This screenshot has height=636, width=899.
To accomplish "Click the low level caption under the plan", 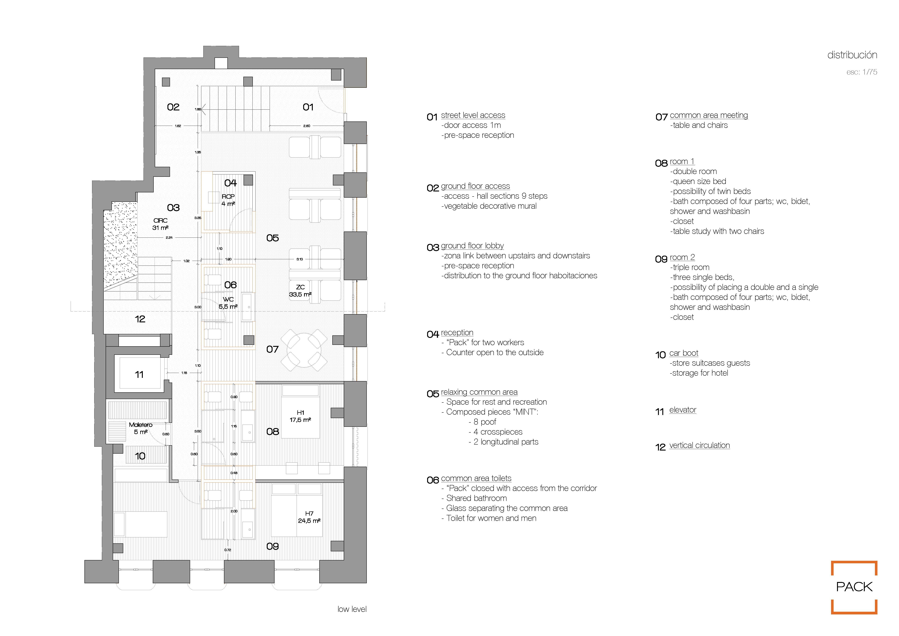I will point(352,609).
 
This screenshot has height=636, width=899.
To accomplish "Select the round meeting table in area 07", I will point(304,350).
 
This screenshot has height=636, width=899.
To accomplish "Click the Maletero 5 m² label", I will point(141,428).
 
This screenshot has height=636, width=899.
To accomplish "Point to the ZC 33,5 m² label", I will point(300,291).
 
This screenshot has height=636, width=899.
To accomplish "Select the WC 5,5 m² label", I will point(228,303).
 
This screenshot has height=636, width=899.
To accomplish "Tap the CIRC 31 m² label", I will point(161,224).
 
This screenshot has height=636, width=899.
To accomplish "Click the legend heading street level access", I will point(473,115).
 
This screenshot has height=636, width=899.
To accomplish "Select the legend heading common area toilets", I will point(476,478).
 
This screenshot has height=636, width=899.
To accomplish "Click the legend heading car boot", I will point(684,353).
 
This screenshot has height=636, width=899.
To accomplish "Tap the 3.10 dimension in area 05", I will point(300,259).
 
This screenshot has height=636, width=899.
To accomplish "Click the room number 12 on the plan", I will point(140,319).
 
